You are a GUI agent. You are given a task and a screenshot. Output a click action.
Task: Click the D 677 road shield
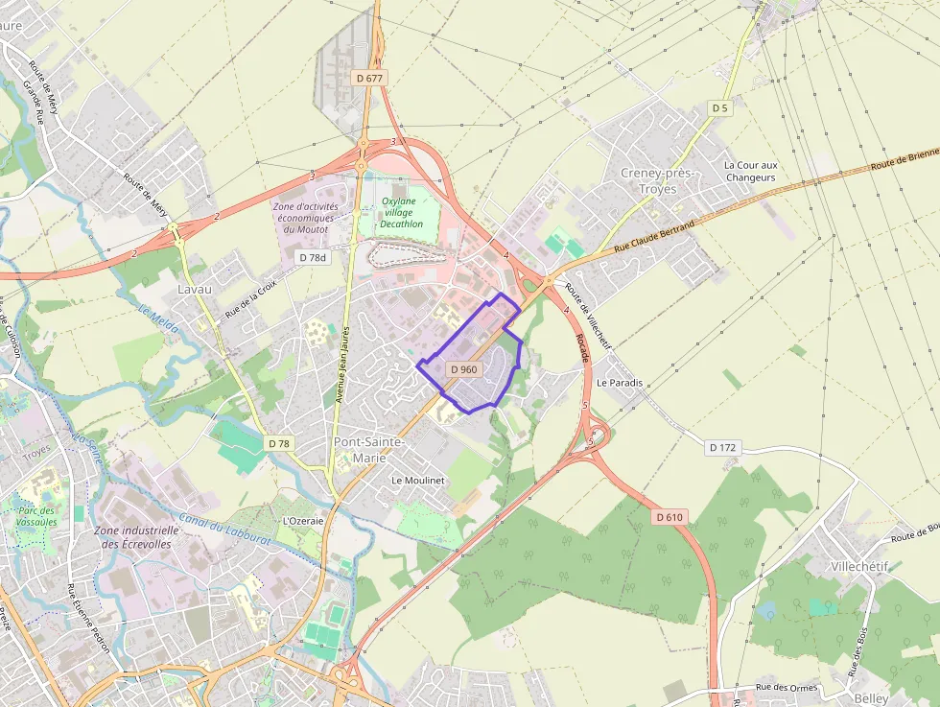368,78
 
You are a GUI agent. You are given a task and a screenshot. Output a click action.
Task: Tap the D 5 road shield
719,108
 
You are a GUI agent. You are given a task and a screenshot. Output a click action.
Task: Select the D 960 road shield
463,369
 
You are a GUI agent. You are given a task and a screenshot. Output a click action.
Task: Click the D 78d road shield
313,257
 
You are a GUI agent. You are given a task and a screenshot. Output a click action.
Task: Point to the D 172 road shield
723,447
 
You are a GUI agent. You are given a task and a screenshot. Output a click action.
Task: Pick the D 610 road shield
670,517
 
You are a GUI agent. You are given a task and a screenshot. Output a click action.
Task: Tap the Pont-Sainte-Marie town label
368,449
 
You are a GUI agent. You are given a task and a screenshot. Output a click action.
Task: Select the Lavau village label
195,288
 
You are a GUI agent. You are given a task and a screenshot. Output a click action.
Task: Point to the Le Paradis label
619,382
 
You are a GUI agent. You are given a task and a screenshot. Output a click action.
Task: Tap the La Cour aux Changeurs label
751,171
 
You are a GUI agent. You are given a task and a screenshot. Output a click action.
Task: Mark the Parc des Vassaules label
37,516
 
